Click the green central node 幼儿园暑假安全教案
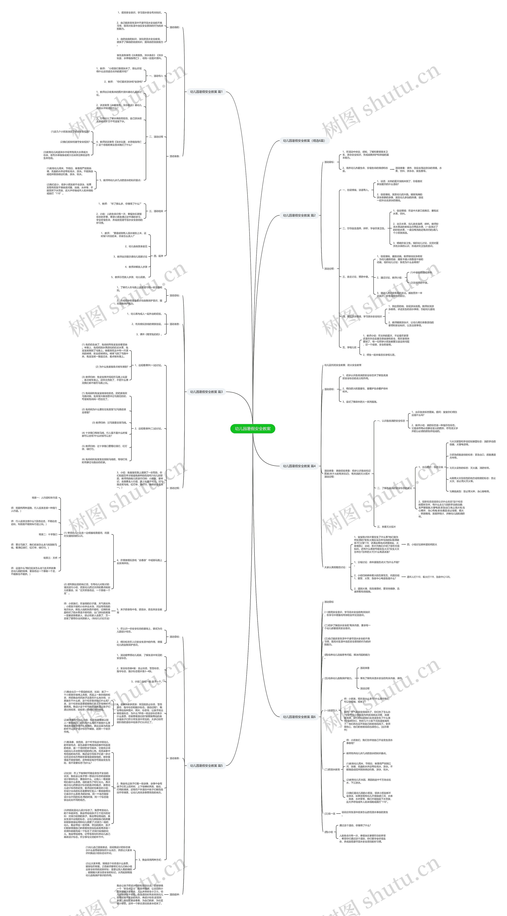(253, 429)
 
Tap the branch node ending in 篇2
(299, 216)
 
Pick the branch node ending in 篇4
(299, 466)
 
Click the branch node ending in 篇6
(299, 717)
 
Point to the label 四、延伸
(158, 256)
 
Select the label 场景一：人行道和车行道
(44, 498)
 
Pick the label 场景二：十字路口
(48, 534)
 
